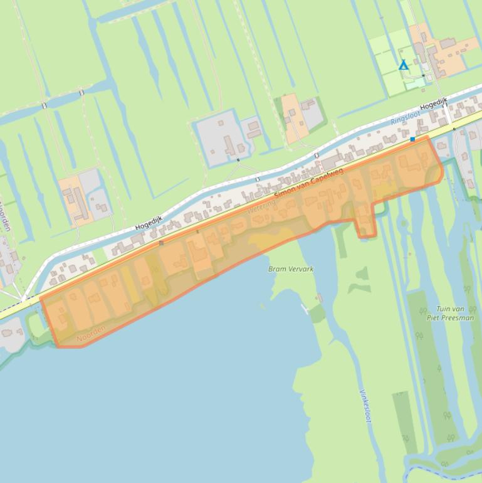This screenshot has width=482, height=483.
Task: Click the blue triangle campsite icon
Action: click(404, 65)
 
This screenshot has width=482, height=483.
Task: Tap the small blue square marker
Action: click(412, 139)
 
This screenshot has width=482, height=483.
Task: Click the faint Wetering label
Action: click(261, 206)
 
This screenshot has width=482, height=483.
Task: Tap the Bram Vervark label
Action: click(291, 268)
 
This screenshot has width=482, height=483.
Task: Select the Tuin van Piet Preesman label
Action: click(450, 313)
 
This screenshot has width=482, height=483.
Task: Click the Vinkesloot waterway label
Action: click(364, 406)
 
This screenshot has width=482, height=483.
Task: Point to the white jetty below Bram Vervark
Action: click(305, 308)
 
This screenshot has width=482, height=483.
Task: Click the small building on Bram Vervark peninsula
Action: click(320, 297)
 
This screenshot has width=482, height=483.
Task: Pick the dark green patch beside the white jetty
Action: click(318, 312)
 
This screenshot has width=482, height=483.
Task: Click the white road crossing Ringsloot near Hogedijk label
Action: click(446, 117)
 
